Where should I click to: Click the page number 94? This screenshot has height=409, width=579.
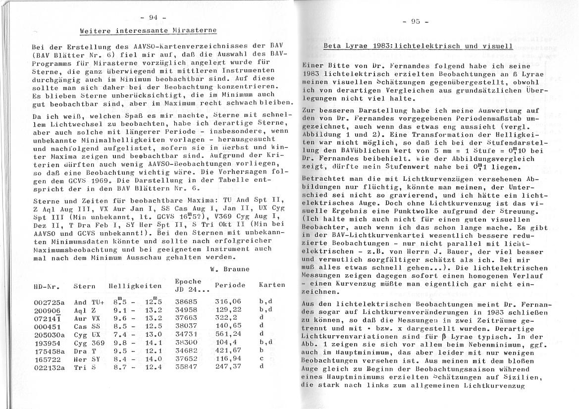[x=153, y=17]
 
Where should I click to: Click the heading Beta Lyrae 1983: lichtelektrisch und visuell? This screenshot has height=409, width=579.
[x=418, y=47]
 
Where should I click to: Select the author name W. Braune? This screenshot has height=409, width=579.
[x=230, y=269]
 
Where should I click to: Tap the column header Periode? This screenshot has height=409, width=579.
[x=230, y=285]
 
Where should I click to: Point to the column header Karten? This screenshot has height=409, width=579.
[x=272, y=285]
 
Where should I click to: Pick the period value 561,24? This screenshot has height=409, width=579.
[x=227, y=334]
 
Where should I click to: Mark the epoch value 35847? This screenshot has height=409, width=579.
[x=186, y=366]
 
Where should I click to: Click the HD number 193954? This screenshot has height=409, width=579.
[x=47, y=342]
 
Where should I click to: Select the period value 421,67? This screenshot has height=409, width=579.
[x=227, y=351]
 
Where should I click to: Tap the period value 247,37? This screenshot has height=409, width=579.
[x=227, y=366]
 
